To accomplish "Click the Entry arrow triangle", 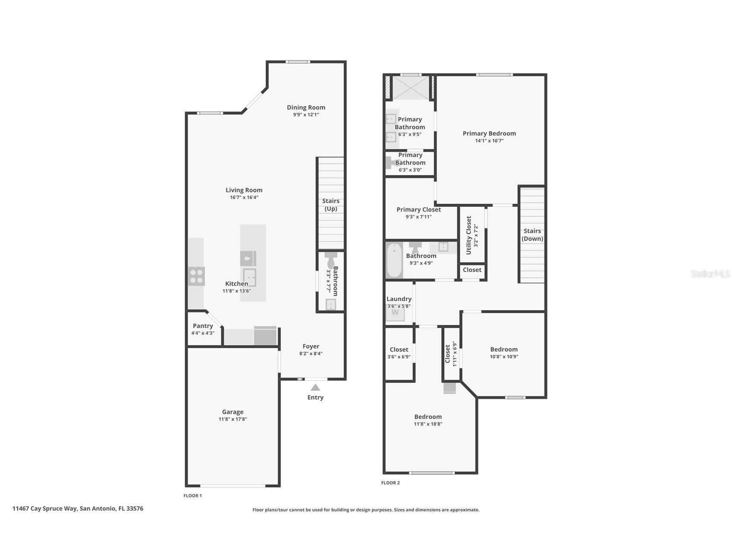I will click(x=315, y=387).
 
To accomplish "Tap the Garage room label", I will click(x=232, y=412).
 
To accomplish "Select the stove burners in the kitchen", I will click(x=196, y=276).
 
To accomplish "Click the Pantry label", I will click(x=203, y=326).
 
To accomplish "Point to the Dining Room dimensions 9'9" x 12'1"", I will click(x=306, y=115).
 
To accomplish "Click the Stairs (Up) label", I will click(x=331, y=205).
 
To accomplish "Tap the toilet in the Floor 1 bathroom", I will click(x=331, y=261).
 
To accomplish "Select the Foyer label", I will click(x=311, y=346).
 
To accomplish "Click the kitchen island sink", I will click(x=249, y=277).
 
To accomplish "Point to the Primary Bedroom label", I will click(x=489, y=134).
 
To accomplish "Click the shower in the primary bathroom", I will click(x=410, y=87).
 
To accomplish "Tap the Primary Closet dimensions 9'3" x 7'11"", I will click(x=418, y=217).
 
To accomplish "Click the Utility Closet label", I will click(x=469, y=235).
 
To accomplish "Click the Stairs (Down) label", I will click(x=532, y=235).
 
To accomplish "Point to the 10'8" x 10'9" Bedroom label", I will click(x=504, y=349).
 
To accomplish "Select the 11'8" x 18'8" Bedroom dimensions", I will click(x=428, y=424).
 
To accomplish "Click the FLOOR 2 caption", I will click(x=390, y=483).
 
